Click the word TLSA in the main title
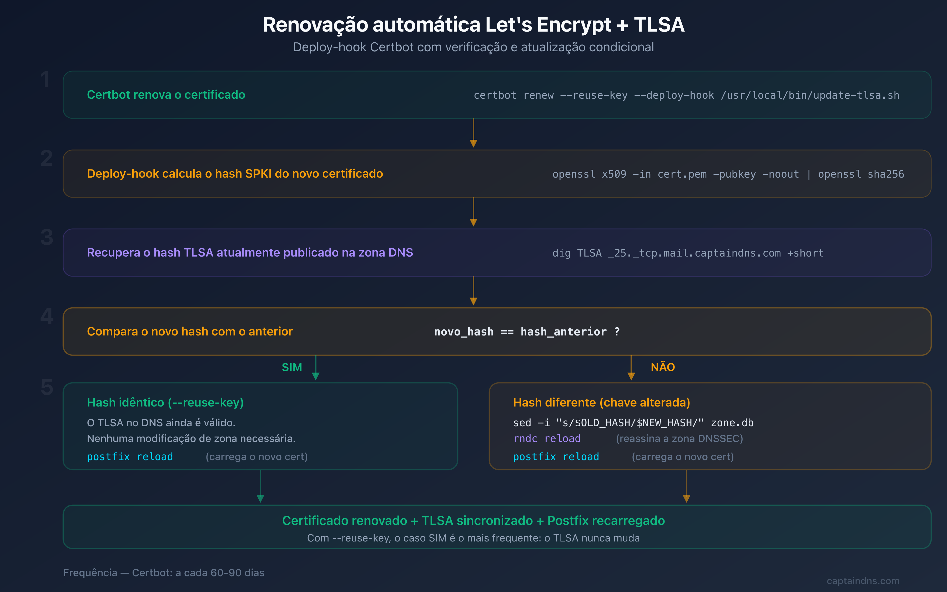659,25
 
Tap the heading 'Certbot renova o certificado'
166,95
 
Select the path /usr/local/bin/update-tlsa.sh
810,95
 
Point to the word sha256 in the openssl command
885,174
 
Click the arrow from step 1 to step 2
473,133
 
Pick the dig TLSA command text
688,253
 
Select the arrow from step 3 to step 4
473,291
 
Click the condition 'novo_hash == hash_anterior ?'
527,332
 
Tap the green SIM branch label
292,367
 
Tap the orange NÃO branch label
663,367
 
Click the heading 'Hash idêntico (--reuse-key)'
165,403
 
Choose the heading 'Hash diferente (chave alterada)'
601,403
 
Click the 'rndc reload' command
547,439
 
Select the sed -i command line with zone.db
633,423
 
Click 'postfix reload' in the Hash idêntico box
130,456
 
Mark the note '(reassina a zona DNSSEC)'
679,439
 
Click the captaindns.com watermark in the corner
863,581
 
